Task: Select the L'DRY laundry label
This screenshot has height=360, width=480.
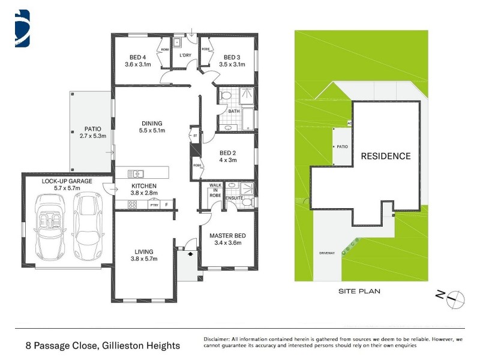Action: (185, 56)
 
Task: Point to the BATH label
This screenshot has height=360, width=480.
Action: (234, 110)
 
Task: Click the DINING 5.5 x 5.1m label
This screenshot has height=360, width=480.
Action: (151, 127)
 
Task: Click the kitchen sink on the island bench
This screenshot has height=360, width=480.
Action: (136, 174)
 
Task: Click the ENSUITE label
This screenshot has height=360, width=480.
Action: (234, 197)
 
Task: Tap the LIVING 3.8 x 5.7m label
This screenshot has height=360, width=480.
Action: (143, 255)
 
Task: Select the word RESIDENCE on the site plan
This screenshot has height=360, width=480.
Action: (385, 156)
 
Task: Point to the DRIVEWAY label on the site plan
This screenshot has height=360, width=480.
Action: (327, 253)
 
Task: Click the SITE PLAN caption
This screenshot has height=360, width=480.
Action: (360, 291)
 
